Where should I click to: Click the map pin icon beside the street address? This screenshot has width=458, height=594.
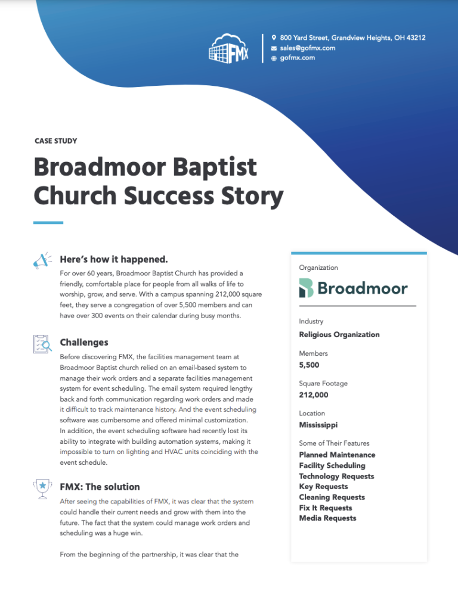click(274, 38)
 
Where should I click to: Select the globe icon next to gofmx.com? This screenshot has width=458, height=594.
click(274, 58)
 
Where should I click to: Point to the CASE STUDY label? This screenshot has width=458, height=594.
click(56, 141)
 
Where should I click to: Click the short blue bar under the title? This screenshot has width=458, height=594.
click(48, 223)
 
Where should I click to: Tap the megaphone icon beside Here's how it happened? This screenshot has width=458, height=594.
click(42, 260)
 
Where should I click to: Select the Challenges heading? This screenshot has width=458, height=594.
click(84, 343)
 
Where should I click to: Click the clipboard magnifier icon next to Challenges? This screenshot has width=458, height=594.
click(42, 344)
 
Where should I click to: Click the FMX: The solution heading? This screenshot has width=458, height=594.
click(100, 486)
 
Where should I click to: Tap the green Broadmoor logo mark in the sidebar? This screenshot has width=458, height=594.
click(306, 288)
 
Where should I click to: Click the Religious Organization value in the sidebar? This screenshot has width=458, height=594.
click(339, 334)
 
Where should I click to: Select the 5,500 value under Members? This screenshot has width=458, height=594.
click(309, 365)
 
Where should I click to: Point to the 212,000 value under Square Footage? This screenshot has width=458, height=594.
click(313, 394)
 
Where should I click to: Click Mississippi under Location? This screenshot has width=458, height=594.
click(318, 425)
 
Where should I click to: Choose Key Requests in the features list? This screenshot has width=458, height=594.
click(323, 487)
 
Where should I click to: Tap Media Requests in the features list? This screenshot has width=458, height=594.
click(327, 518)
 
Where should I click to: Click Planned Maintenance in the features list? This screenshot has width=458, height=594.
click(337, 455)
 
